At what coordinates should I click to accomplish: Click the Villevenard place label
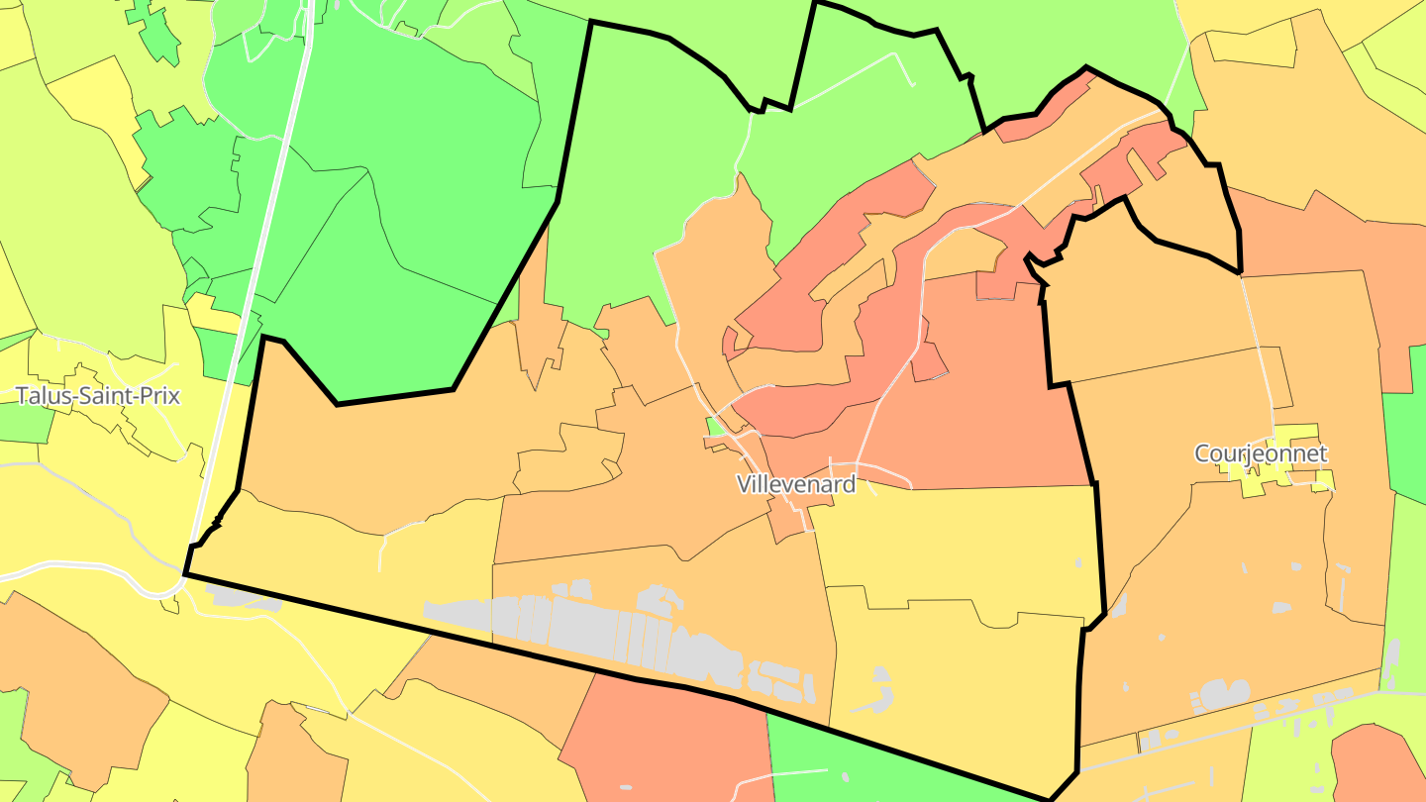(x=795, y=483)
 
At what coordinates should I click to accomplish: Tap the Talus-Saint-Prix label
(x=98, y=396)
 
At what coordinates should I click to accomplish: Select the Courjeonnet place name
(x=1260, y=453)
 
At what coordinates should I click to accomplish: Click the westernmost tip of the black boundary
(x=185, y=573)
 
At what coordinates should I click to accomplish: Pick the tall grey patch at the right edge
(x=1390, y=663)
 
